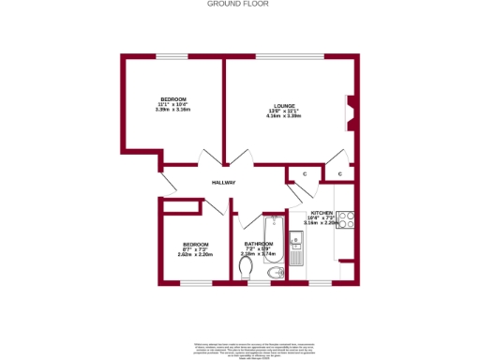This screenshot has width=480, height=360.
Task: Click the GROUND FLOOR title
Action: pos(239,5)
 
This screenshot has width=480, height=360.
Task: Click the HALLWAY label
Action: pos(223,183)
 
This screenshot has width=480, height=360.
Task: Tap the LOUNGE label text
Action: pos(285,106)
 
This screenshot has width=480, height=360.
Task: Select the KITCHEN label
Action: pos(322,213)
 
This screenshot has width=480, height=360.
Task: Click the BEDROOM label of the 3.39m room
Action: pos(172,99)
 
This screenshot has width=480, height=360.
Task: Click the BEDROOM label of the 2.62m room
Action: pos(195,243)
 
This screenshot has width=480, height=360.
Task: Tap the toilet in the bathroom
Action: pos(247,269)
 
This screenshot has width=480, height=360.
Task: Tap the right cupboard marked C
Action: pos(339,173)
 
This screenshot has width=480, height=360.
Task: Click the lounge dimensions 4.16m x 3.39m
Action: pos(285,117)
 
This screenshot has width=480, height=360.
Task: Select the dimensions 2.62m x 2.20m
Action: pos(195,254)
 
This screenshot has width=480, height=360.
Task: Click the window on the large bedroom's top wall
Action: pos(171,56)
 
